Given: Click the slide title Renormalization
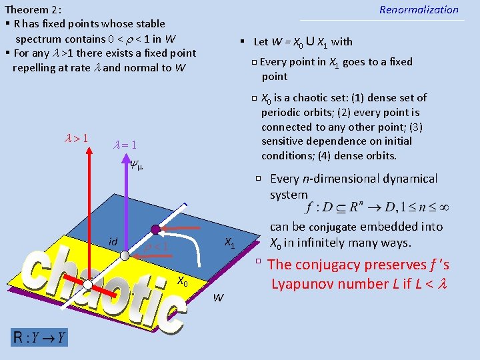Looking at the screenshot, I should pos(419,10).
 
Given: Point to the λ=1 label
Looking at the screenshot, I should pos(125,145).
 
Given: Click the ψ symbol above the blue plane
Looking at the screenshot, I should pos(137,164).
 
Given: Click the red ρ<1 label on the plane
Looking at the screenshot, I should pos(157,247).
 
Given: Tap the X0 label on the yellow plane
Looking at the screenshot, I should pos(182,281).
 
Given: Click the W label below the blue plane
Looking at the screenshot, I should pos(218,297).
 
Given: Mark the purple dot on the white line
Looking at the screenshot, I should pos(155,230).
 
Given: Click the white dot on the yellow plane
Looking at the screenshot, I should pos(87,283).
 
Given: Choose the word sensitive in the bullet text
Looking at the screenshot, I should pos(285,141).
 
